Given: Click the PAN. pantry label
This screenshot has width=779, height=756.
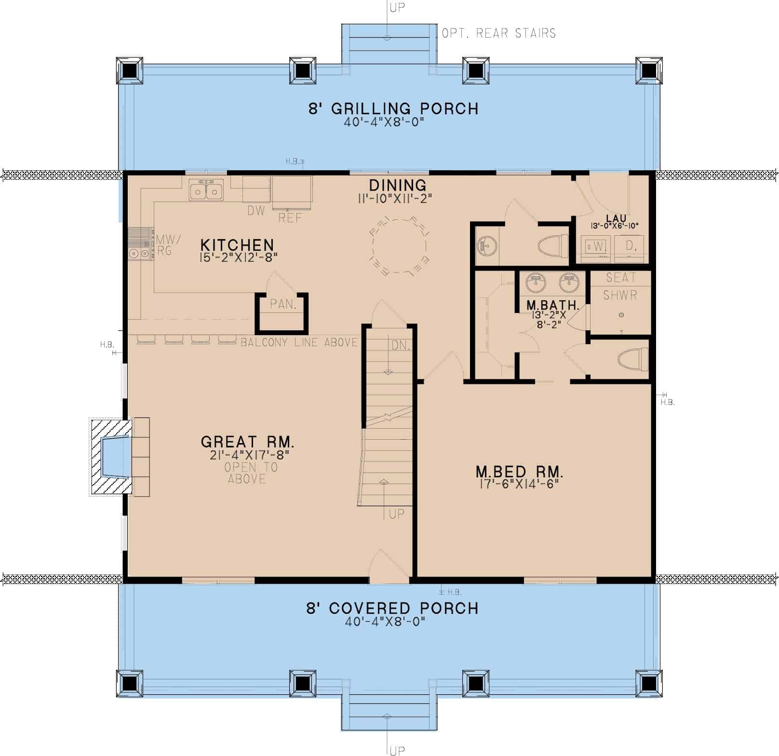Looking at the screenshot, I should coord(283,304).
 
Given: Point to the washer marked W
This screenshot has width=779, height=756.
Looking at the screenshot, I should coord(596,247).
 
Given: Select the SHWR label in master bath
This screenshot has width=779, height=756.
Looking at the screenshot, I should coord(620,295).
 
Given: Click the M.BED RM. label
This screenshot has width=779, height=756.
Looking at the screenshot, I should coord(519,471).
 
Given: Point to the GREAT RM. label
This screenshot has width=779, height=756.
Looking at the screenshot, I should coord(247,442).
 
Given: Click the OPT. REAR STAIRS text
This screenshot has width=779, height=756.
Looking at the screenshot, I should coord(498,33).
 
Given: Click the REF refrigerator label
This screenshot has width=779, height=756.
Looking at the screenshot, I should coord(290,218).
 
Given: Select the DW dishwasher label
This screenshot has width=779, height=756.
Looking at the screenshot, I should coord(256,211).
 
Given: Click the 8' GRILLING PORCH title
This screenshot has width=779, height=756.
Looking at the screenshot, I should coord(393,108).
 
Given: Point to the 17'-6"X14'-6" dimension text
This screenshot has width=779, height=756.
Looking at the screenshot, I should coord(520,484).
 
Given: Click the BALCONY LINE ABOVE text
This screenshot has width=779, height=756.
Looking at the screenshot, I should coord(299,342).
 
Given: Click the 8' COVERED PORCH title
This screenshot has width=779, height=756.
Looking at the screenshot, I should coord(392,608).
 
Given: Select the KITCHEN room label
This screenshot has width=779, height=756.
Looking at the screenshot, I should coord(237,244).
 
